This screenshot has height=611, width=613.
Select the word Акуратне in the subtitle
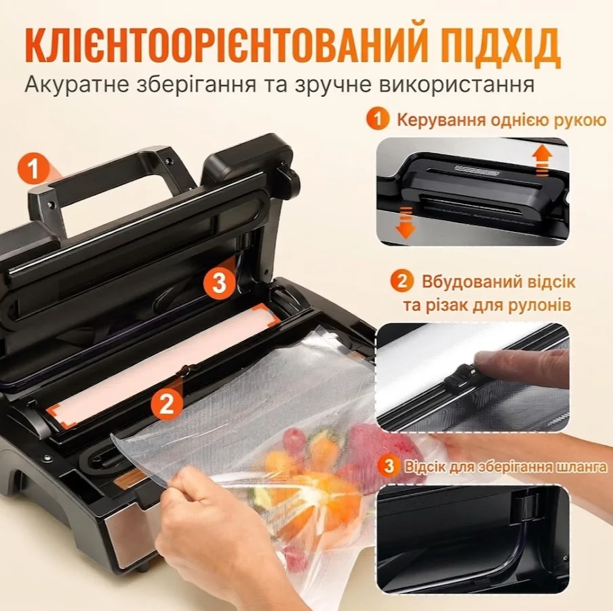(x=77, y=85)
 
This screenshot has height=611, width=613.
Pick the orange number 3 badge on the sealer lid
(x=219, y=282)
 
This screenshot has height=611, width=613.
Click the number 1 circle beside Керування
(x=378, y=119)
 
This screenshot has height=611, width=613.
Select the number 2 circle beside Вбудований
(x=402, y=281)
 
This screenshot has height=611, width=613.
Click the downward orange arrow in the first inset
(x=406, y=222)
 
